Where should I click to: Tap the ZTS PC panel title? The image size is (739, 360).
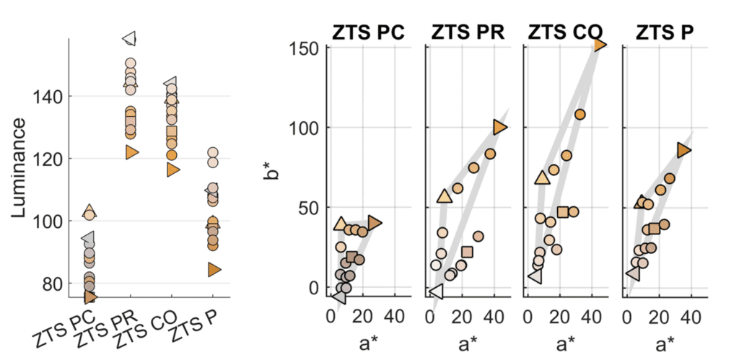pyautogui.click(x=368, y=32)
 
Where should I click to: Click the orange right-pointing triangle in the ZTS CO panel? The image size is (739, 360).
pyautogui.click(x=600, y=45)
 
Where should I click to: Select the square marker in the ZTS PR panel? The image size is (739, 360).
pyautogui.click(x=467, y=252)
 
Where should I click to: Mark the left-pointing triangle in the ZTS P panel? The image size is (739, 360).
pyautogui.click(x=633, y=273)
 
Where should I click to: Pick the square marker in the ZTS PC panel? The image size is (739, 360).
pyautogui.click(x=352, y=257)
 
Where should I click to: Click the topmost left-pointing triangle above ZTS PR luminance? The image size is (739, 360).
pyautogui.click(x=131, y=38)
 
